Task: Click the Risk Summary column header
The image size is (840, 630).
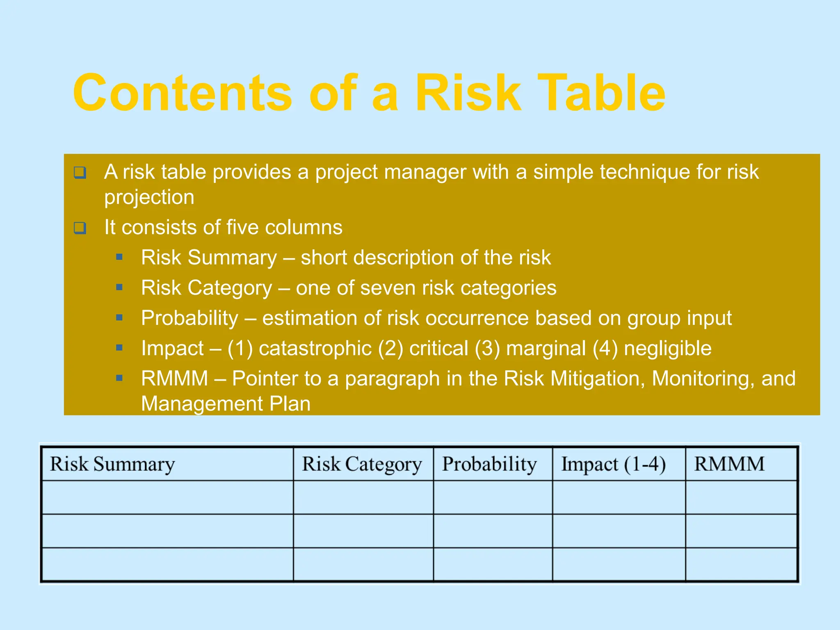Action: tap(112, 464)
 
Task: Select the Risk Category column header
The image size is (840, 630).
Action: tap(362, 464)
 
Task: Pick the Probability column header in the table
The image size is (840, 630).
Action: tap(489, 464)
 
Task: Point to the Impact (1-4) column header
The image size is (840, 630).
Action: tap(613, 464)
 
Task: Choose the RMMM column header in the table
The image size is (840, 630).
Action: tap(729, 464)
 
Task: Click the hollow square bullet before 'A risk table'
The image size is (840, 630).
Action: tap(80, 172)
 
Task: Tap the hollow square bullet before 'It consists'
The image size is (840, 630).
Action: tap(80, 228)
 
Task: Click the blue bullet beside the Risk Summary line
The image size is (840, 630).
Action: tap(119, 257)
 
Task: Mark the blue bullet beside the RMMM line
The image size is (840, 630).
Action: tap(119, 378)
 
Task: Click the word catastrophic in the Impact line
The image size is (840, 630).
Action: tap(315, 348)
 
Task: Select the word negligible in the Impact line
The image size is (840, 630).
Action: tap(667, 348)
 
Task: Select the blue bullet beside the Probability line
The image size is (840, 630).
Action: tap(119, 317)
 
